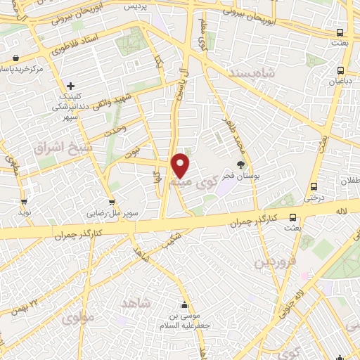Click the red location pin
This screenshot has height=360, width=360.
tap(181, 165)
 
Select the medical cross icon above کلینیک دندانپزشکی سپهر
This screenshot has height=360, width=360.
tap(71, 86)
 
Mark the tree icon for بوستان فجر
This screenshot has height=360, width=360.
tap(240, 163)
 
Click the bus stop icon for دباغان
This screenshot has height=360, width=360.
tap(341, 70)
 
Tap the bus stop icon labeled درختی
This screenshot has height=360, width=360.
tap(314, 187)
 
